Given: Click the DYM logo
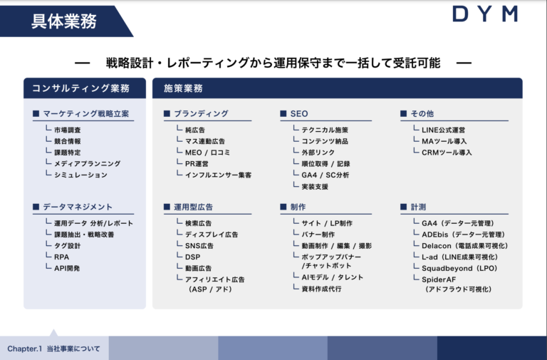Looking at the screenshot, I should coord(484,14).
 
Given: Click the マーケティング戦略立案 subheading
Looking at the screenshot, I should coord(85,113).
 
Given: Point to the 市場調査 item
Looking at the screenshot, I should coord(67,130).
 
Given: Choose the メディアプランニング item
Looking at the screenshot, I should coord(87,163).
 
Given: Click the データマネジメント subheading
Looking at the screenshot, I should coord(78,207).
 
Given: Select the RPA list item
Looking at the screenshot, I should coord(61,257).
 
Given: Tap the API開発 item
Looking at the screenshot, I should coord(67,268).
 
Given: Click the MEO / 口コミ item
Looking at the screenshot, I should coord(207,153).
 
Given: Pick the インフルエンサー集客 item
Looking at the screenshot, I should coord(218,175).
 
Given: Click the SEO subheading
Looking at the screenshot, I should coord(298,113).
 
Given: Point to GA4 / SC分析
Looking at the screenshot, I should coord(325,175).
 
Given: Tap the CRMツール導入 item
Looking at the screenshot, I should coord(447,153).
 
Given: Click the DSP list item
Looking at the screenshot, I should coord(192,257).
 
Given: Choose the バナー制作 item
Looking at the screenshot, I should coord(318,235).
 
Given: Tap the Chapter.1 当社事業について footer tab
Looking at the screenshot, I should coord(54,349).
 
